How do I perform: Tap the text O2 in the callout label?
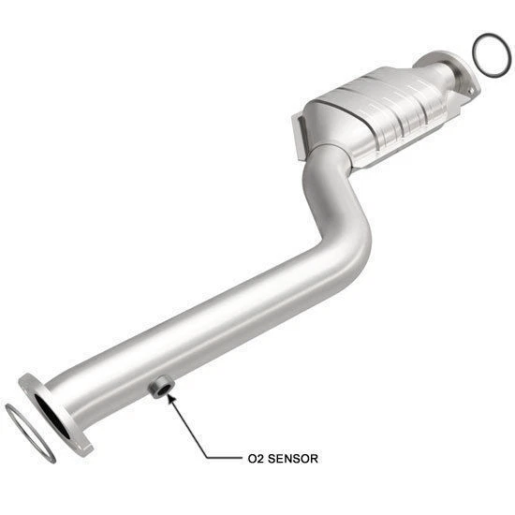click(x=255, y=459)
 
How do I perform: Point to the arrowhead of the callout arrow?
click(x=169, y=397)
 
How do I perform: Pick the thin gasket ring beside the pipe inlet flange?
click(x=28, y=432)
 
